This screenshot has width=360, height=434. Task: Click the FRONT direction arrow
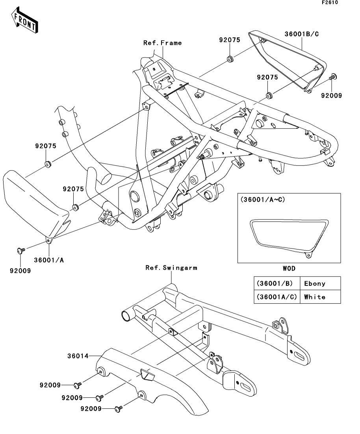click(x=24, y=21)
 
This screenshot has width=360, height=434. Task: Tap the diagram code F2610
click(x=330, y=2)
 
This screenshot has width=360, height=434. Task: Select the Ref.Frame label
click(x=162, y=43)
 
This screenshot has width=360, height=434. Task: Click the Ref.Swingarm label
click(x=171, y=268)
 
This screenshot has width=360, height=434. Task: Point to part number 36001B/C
click(x=302, y=34)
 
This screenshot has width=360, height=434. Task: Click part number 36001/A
click(x=49, y=260)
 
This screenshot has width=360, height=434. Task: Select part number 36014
click(x=78, y=356)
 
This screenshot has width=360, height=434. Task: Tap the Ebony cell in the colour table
click(x=315, y=283)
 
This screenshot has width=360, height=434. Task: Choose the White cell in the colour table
click(x=315, y=297)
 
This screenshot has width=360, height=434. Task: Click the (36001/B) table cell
click(x=277, y=283)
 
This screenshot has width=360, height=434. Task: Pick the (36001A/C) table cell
click(x=277, y=297)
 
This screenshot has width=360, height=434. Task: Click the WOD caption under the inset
click(x=289, y=268)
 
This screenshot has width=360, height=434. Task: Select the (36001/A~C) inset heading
click(x=262, y=199)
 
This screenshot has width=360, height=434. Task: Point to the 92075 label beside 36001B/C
click(x=230, y=40)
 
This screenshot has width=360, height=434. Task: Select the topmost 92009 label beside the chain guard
click(x=50, y=385)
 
